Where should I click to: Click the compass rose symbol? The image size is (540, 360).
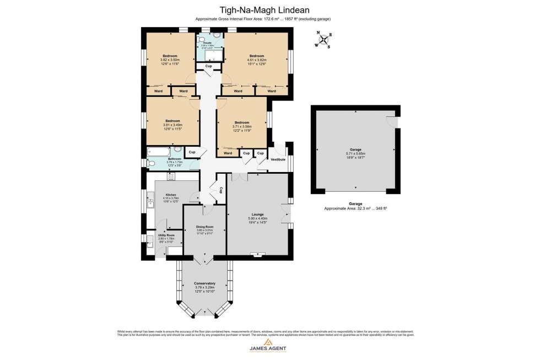pos(323,40)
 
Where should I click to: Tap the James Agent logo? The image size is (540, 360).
pos(270,348)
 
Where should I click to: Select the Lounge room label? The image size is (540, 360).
pos(257,214)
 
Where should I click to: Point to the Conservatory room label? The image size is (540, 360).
pos(204,283)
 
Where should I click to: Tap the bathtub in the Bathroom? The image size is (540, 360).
pos(159,151)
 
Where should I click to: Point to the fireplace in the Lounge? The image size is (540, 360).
pos(257,254)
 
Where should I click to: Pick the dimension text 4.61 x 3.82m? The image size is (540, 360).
pos(257,60)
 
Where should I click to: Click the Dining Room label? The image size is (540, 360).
pos(204,227)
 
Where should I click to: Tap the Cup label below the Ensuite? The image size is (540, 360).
pos(208,66)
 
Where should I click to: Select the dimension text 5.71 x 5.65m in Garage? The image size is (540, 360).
pos(355,154)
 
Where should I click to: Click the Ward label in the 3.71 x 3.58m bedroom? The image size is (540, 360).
pos(228,153)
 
